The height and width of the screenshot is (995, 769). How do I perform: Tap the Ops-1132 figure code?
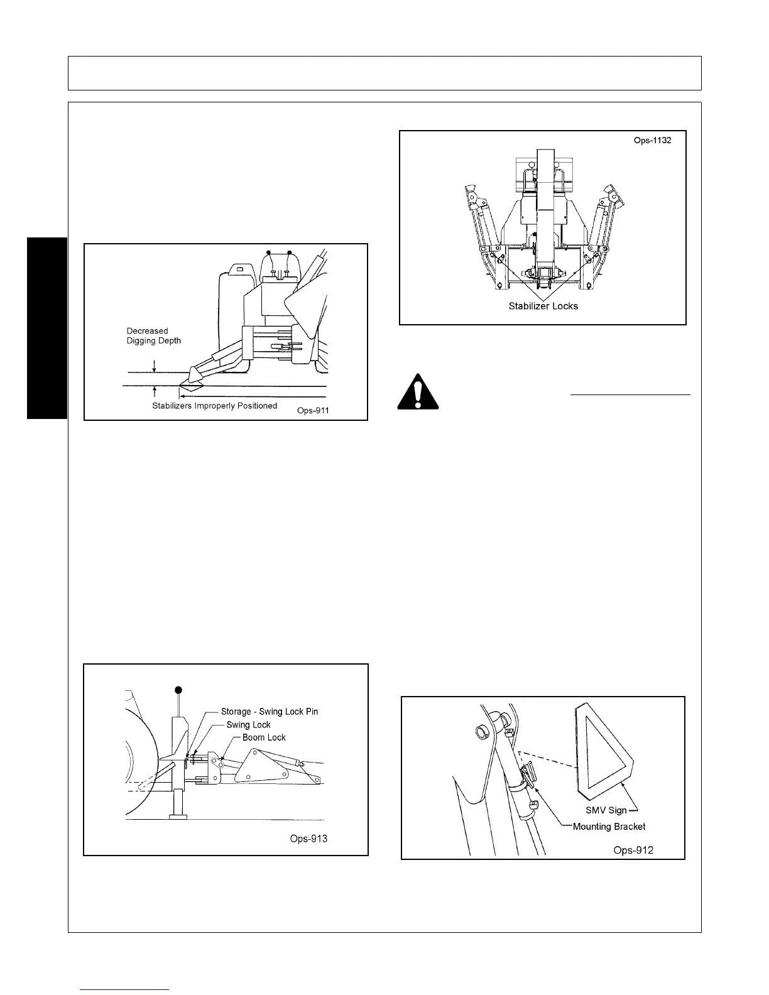(x=652, y=140)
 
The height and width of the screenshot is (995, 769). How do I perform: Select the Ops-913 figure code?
(x=308, y=839)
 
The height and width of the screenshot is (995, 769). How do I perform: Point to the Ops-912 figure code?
(x=633, y=850)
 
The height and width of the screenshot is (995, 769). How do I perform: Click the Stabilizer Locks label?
(x=543, y=307)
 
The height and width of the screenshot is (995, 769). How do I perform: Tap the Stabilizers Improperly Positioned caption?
(x=214, y=406)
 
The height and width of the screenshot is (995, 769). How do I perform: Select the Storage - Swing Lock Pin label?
(x=269, y=712)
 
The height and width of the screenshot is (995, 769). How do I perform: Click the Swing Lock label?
(x=248, y=724)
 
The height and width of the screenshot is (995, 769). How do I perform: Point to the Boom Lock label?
(x=264, y=737)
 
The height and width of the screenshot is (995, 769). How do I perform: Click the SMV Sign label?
(x=606, y=810)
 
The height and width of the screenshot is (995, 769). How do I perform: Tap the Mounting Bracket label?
(x=609, y=827)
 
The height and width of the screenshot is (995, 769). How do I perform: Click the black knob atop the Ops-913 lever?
(x=180, y=690)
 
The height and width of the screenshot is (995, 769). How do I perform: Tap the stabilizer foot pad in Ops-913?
(x=181, y=816)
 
